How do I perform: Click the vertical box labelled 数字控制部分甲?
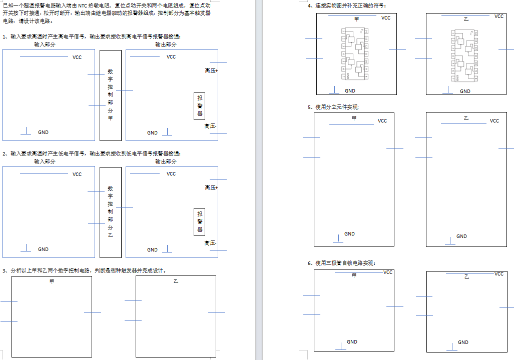click(111, 94)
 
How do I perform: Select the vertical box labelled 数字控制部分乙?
click(111, 212)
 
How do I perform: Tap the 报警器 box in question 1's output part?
click(200, 106)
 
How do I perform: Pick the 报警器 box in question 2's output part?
click(200, 222)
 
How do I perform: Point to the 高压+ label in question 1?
click(211, 71)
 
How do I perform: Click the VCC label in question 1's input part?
click(77, 57)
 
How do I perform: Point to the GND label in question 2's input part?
click(44, 249)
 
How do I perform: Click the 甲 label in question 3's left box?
click(52, 282)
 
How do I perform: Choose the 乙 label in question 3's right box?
click(176, 282)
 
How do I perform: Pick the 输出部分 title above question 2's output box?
click(166, 161)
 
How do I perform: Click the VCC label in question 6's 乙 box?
click(498, 274)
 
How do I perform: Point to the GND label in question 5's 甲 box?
click(349, 234)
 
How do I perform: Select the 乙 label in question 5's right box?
click(466, 118)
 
